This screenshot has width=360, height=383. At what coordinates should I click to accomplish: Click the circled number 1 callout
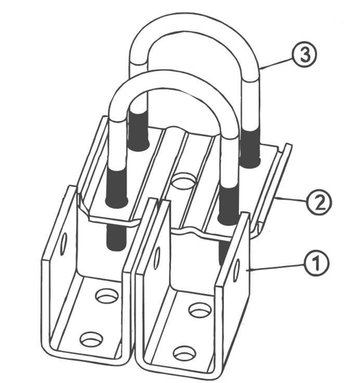coord(316,264)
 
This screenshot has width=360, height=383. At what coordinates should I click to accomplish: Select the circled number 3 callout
coord(305,55)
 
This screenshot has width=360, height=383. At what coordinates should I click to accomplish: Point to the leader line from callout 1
coord(276,267)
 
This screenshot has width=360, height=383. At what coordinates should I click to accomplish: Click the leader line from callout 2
coord(291,200)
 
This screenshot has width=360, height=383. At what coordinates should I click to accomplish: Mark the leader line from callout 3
coord(277,63)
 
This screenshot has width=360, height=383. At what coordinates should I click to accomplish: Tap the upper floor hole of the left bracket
coord(107,296)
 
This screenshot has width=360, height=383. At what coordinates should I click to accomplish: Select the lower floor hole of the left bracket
coord(92,339)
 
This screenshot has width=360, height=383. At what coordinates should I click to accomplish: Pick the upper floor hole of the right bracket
coord(201,311)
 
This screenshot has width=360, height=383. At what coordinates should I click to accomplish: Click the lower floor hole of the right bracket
coord(185,353)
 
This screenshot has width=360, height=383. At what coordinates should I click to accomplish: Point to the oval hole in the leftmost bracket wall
coord(64,244)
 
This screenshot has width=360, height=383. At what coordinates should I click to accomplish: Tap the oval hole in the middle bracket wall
coord(157,258)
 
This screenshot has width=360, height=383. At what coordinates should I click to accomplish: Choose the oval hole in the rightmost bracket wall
coord(237,271)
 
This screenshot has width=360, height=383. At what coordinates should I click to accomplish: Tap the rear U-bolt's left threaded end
coord(138,129)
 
